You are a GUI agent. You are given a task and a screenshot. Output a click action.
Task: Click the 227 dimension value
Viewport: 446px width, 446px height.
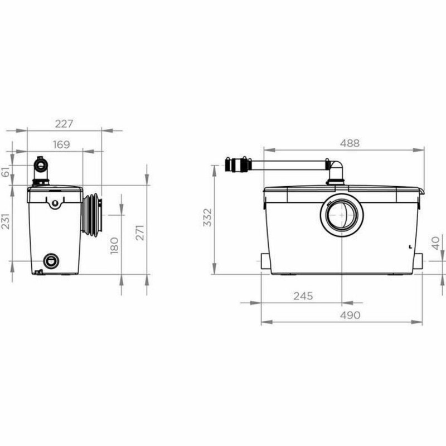click(65, 123)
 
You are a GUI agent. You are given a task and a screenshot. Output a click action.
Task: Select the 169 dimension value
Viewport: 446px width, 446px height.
click(61, 144)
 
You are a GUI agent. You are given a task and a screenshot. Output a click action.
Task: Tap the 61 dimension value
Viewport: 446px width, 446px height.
click(6, 173)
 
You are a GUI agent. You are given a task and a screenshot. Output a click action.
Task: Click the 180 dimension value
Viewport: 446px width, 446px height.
click(114, 245)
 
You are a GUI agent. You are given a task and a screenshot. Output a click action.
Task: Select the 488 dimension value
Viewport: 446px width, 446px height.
click(349, 143)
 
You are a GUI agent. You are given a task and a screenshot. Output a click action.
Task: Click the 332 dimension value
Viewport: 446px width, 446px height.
click(207, 219)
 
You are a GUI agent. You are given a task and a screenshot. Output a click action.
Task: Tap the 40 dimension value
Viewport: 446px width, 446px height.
click(437, 243)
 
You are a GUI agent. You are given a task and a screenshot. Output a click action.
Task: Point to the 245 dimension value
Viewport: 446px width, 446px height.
click(304, 296)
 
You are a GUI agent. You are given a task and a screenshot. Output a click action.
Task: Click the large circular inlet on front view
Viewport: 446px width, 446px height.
click(341, 215)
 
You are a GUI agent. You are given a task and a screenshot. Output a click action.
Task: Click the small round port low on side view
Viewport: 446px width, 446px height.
click(51, 260)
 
